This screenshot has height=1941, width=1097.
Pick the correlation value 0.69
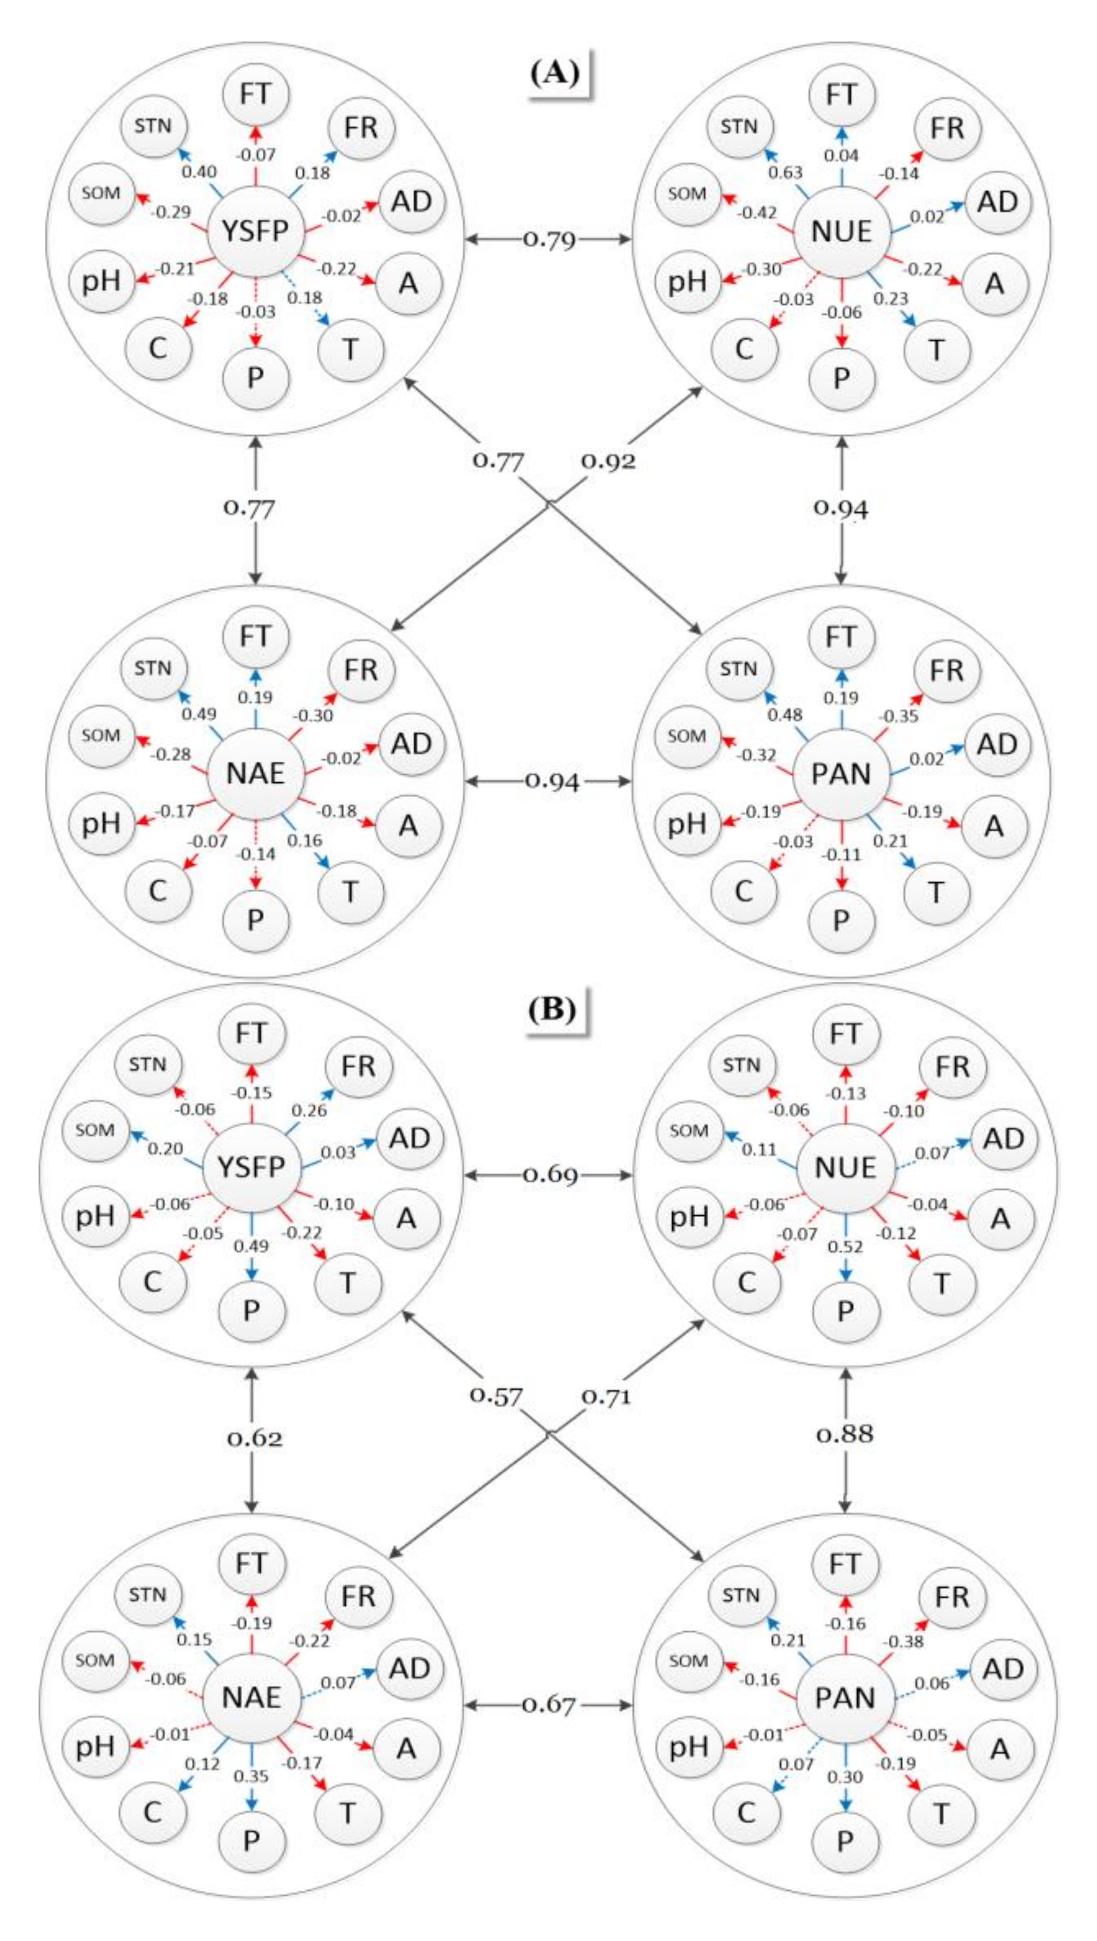pyautogui.click(x=549, y=1175)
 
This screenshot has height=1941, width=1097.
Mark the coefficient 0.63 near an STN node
pyautogui.click(x=785, y=172)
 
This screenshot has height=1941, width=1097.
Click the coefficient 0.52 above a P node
pyautogui.click(x=845, y=1246)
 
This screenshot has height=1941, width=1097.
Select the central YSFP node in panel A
pyautogui.click(x=255, y=231)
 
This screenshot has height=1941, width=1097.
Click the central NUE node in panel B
pyautogui.click(x=845, y=1167)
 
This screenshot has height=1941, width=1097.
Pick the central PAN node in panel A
pyautogui.click(x=841, y=773)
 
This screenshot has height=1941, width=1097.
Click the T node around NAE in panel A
pyautogui.click(x=351, y=892)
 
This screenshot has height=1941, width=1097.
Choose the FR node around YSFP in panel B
pyautogui.click(x=358, y=1067)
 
